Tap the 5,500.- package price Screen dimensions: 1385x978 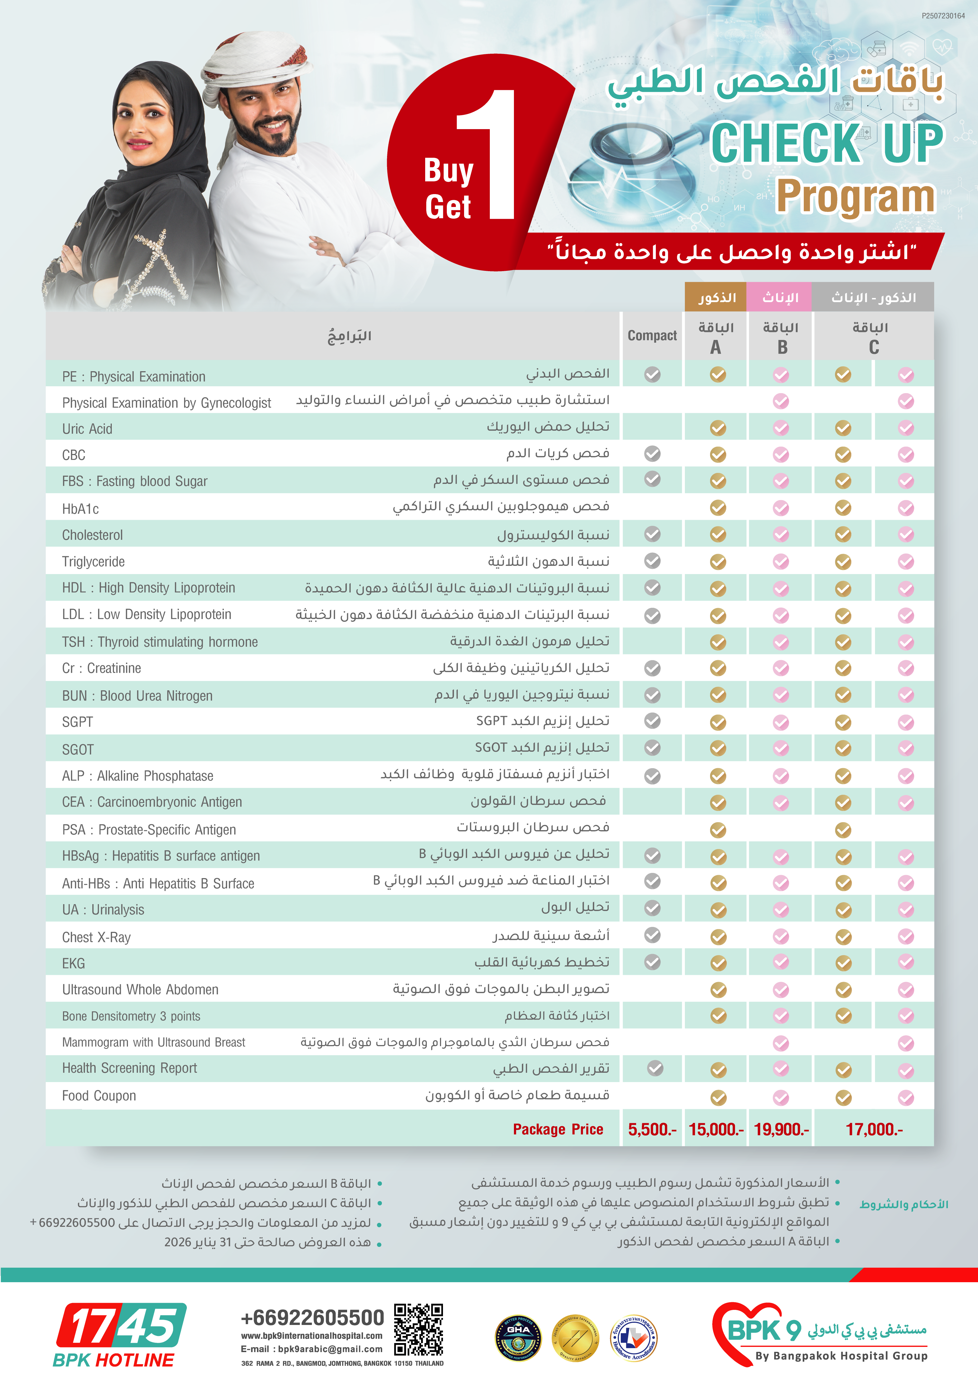652,1129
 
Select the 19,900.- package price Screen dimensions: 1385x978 781,1129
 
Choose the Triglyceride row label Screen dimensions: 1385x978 93,562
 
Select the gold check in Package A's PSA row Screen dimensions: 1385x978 717,830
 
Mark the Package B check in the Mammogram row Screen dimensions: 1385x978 781,1043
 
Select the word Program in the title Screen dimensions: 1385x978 855,197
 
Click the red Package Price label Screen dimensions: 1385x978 558,1129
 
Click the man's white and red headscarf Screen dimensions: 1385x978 253,60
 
